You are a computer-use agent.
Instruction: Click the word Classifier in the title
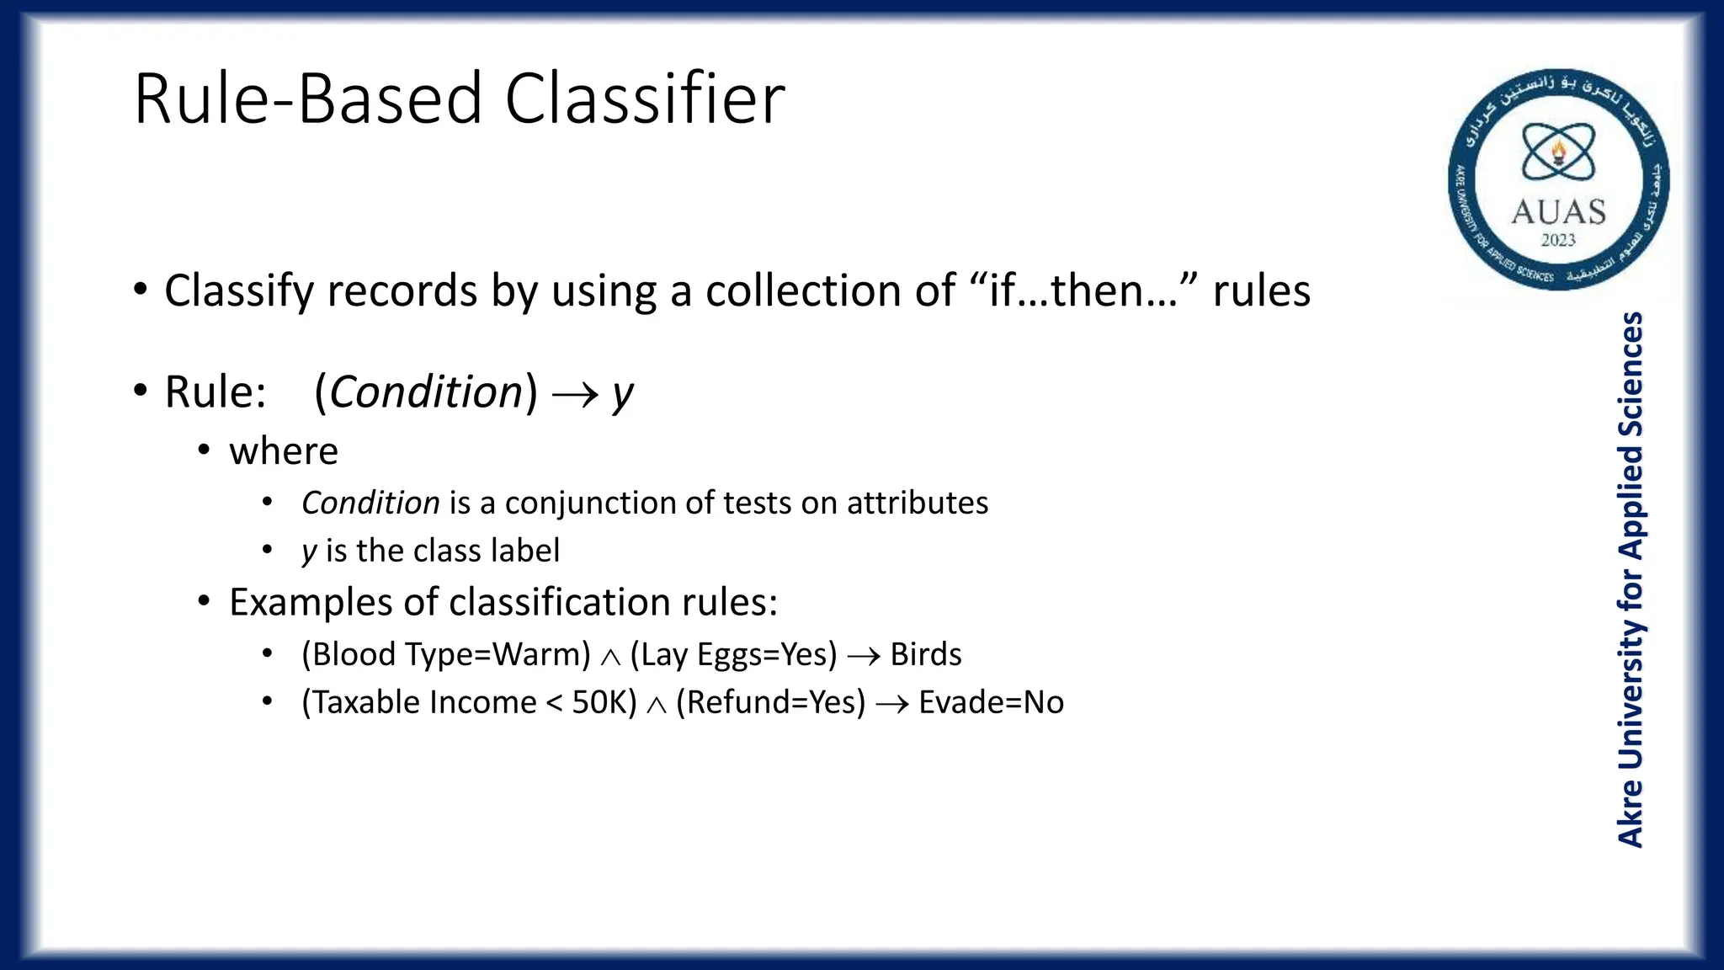tap(645, 99)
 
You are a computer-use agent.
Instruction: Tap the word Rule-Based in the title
tap(308, 99)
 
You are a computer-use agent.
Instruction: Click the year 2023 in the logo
tap(1558, 240)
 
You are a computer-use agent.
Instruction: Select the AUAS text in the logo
tap(1558, 211)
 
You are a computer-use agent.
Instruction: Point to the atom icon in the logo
tap(1558, 152)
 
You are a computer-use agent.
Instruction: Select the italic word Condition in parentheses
tap(427, 392)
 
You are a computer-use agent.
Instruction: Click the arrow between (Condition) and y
tap(576, 394)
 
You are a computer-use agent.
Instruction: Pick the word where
tap(284, 451)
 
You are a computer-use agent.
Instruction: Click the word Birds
tap(926, 654)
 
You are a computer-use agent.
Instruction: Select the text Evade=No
tap(991, 702)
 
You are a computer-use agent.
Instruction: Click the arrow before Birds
tap(864, 656)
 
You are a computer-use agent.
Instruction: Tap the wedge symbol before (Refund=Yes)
tap(657, 705)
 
